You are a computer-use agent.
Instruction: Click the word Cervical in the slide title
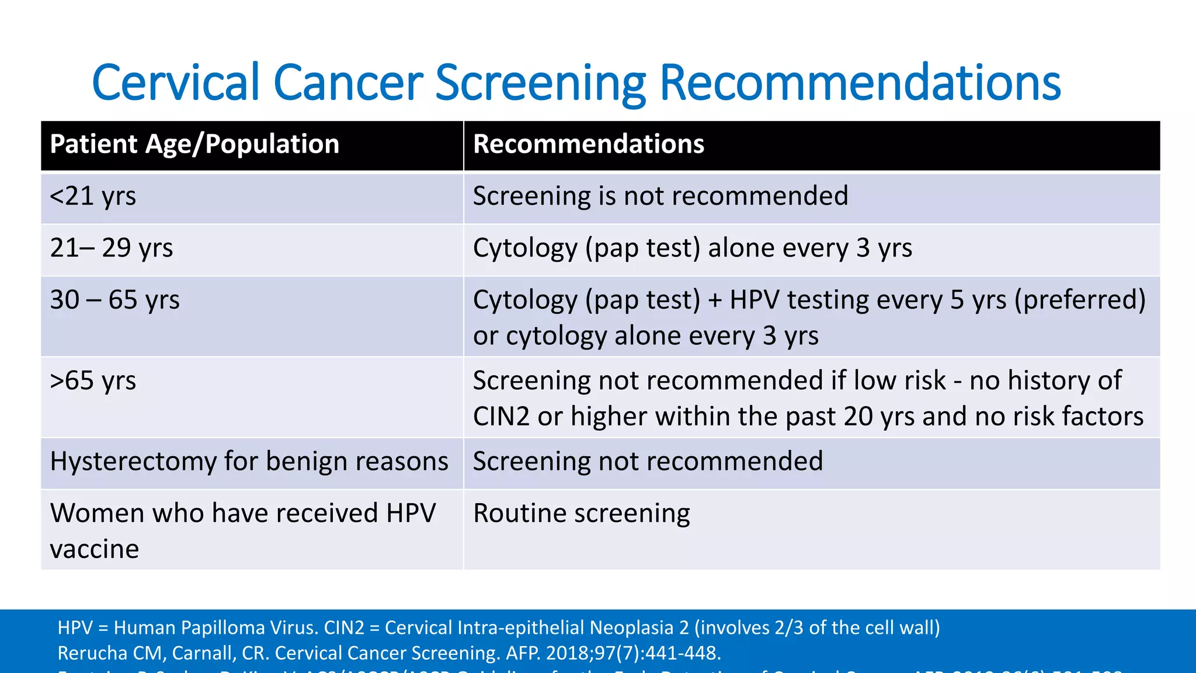(x=175, y=84)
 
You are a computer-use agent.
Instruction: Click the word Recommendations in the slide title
(x=860, y=84)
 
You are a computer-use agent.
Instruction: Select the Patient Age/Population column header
(x=194, y=144)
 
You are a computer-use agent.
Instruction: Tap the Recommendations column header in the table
(x=589, y=144)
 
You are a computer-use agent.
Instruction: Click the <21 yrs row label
(x=93, y=196)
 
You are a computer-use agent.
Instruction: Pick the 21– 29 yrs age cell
(x=112, y=248)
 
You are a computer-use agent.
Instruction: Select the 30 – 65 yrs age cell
(x=115, y=300)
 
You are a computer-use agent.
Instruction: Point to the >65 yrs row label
(x=93, y=381)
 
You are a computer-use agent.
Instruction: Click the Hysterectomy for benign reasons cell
(x=249, y=462)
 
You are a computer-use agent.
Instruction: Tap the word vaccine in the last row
(x=95, y=549)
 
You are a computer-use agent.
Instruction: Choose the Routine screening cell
(x=581, y=514)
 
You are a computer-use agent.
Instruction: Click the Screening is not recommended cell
(x=660, y=196)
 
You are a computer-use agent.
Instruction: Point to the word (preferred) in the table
(x=1080, y=300)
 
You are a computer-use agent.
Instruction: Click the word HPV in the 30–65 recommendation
(x=755, y=300)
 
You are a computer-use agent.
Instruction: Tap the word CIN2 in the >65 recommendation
(x=501, y=417)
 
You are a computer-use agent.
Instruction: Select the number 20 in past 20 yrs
(x=858, y=417)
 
